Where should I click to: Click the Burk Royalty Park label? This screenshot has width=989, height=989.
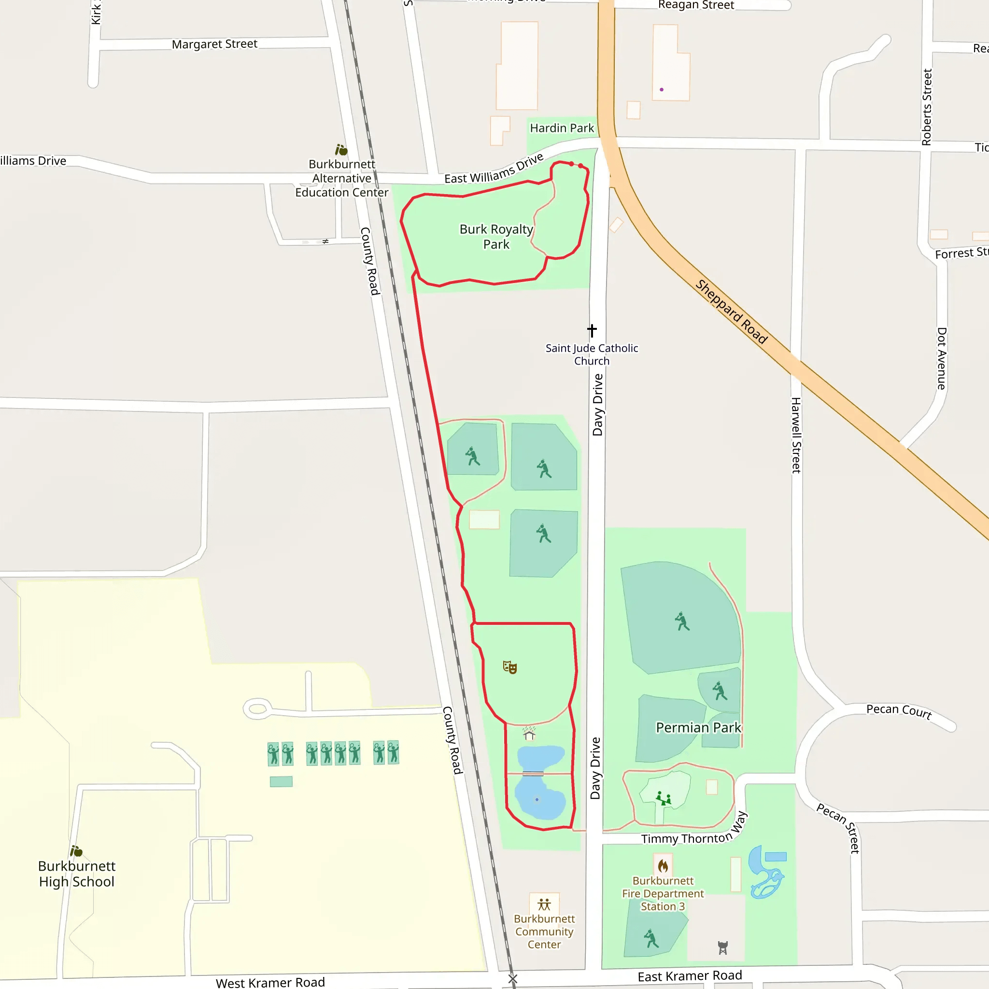click(496, 237)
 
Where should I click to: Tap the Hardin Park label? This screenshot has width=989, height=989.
click(562, 128)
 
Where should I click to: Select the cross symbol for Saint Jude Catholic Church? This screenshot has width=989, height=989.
click(592, 330)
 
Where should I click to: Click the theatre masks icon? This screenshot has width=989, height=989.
click(510, 667)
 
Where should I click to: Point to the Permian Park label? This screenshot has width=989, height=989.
click(698, 727)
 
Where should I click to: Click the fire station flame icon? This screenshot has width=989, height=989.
click(663, 866)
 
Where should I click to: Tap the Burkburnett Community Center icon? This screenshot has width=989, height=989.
click(544, 904)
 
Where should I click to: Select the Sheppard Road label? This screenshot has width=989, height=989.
click(732, 312)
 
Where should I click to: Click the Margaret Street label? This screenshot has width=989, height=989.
click(214, 44)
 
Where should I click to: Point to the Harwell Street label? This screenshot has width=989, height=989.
click(796, 435)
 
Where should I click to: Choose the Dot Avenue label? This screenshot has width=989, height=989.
click(941, 358)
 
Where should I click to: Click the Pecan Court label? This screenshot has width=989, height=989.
click(898, 710)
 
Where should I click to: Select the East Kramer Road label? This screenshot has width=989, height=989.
click(690, 976)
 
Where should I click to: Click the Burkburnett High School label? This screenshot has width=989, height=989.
click(77, 874)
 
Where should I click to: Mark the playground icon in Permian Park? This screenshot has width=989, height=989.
click(664, 798)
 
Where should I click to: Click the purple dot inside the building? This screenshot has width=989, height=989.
click(662, 90)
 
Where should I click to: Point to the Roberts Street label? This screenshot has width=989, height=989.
click(927, 107)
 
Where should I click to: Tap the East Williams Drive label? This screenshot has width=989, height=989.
click(494, 170)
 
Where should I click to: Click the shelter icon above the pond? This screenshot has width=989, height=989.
click(529, 735)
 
